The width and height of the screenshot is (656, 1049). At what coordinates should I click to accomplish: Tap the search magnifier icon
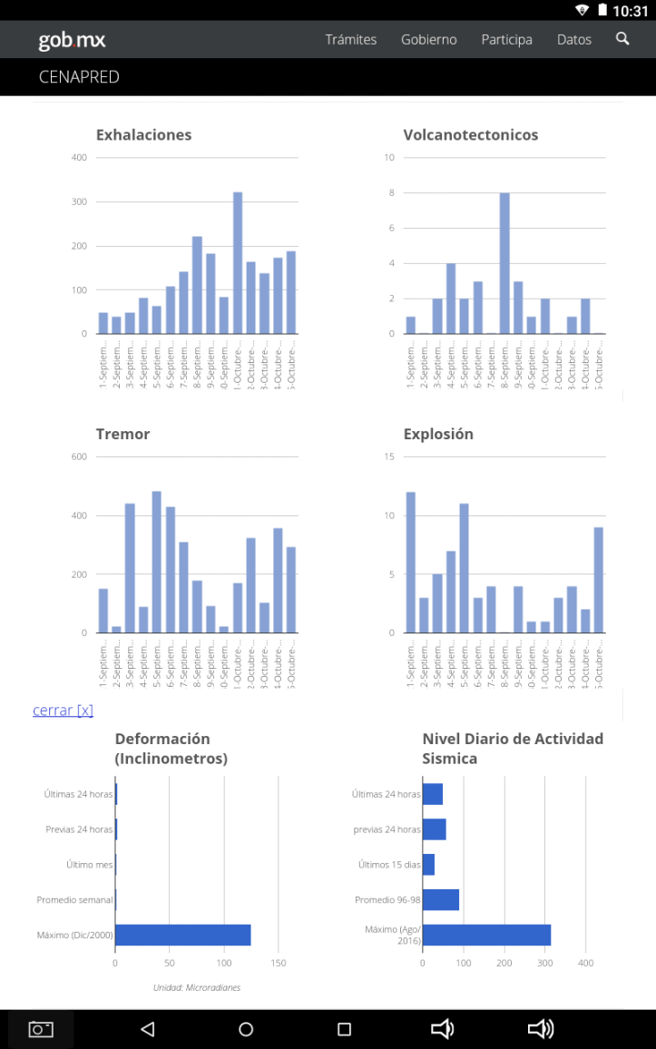click(x=622, y=39)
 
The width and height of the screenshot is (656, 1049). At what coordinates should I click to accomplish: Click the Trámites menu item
click(x=351, y=40)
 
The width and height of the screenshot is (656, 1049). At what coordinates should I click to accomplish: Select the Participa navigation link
click(x=506, y=40)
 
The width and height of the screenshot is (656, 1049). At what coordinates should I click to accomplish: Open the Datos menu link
click(x=574, y=40)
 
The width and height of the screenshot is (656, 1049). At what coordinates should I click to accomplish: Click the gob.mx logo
click(x=72, y=40)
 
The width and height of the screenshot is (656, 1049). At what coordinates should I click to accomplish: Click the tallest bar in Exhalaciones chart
click(x=238, y=263)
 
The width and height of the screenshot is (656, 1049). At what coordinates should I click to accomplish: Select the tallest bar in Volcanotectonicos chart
click(x=504, y=263)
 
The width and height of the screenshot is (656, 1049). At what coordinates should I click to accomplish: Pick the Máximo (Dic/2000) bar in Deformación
click(x=182, y=935)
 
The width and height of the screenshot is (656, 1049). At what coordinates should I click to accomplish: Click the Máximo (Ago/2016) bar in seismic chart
click(x=486, y=935)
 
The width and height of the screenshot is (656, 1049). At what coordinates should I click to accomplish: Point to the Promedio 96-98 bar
click(x=441, y=899)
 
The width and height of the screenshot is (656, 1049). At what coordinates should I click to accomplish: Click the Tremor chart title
click(x=122, y=434)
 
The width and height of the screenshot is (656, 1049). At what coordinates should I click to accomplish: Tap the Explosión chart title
click(x=438, y=434)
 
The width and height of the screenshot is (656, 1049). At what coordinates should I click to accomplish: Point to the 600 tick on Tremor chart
click(x=79, y=456)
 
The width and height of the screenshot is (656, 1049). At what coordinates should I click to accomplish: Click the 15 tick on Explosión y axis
click(x=389, y=456)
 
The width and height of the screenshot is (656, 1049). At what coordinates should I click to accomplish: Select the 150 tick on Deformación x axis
click(x=279, y=963)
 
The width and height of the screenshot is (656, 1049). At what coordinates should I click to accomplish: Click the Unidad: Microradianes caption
click(x=197, y=987)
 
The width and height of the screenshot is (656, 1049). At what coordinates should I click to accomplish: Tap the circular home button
click(x=246, y=1029)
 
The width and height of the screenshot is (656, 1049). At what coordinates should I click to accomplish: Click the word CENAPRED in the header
click(x=79, y=77)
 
